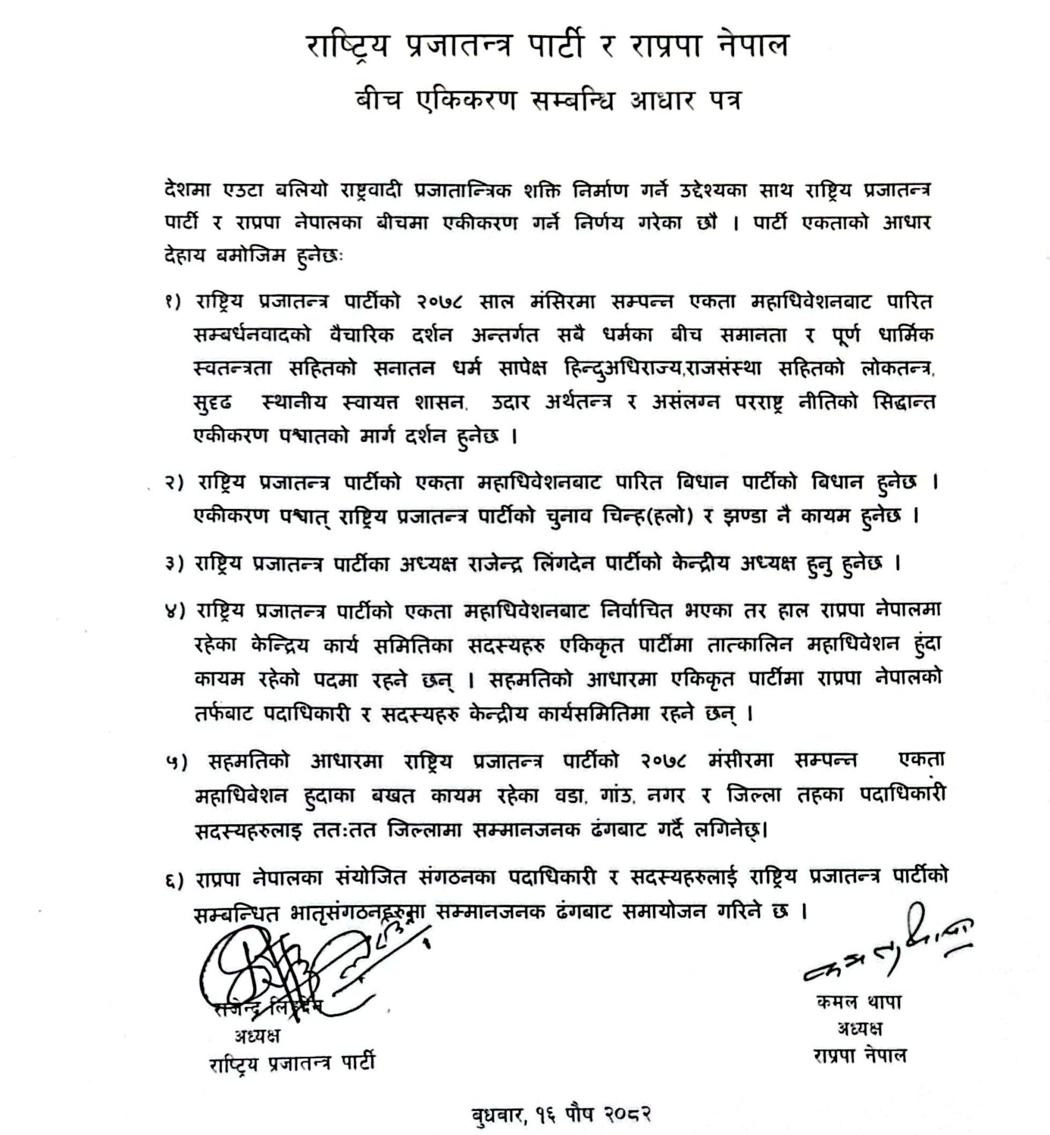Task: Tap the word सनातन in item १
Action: (404, 369)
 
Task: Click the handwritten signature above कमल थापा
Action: (886, 948)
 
